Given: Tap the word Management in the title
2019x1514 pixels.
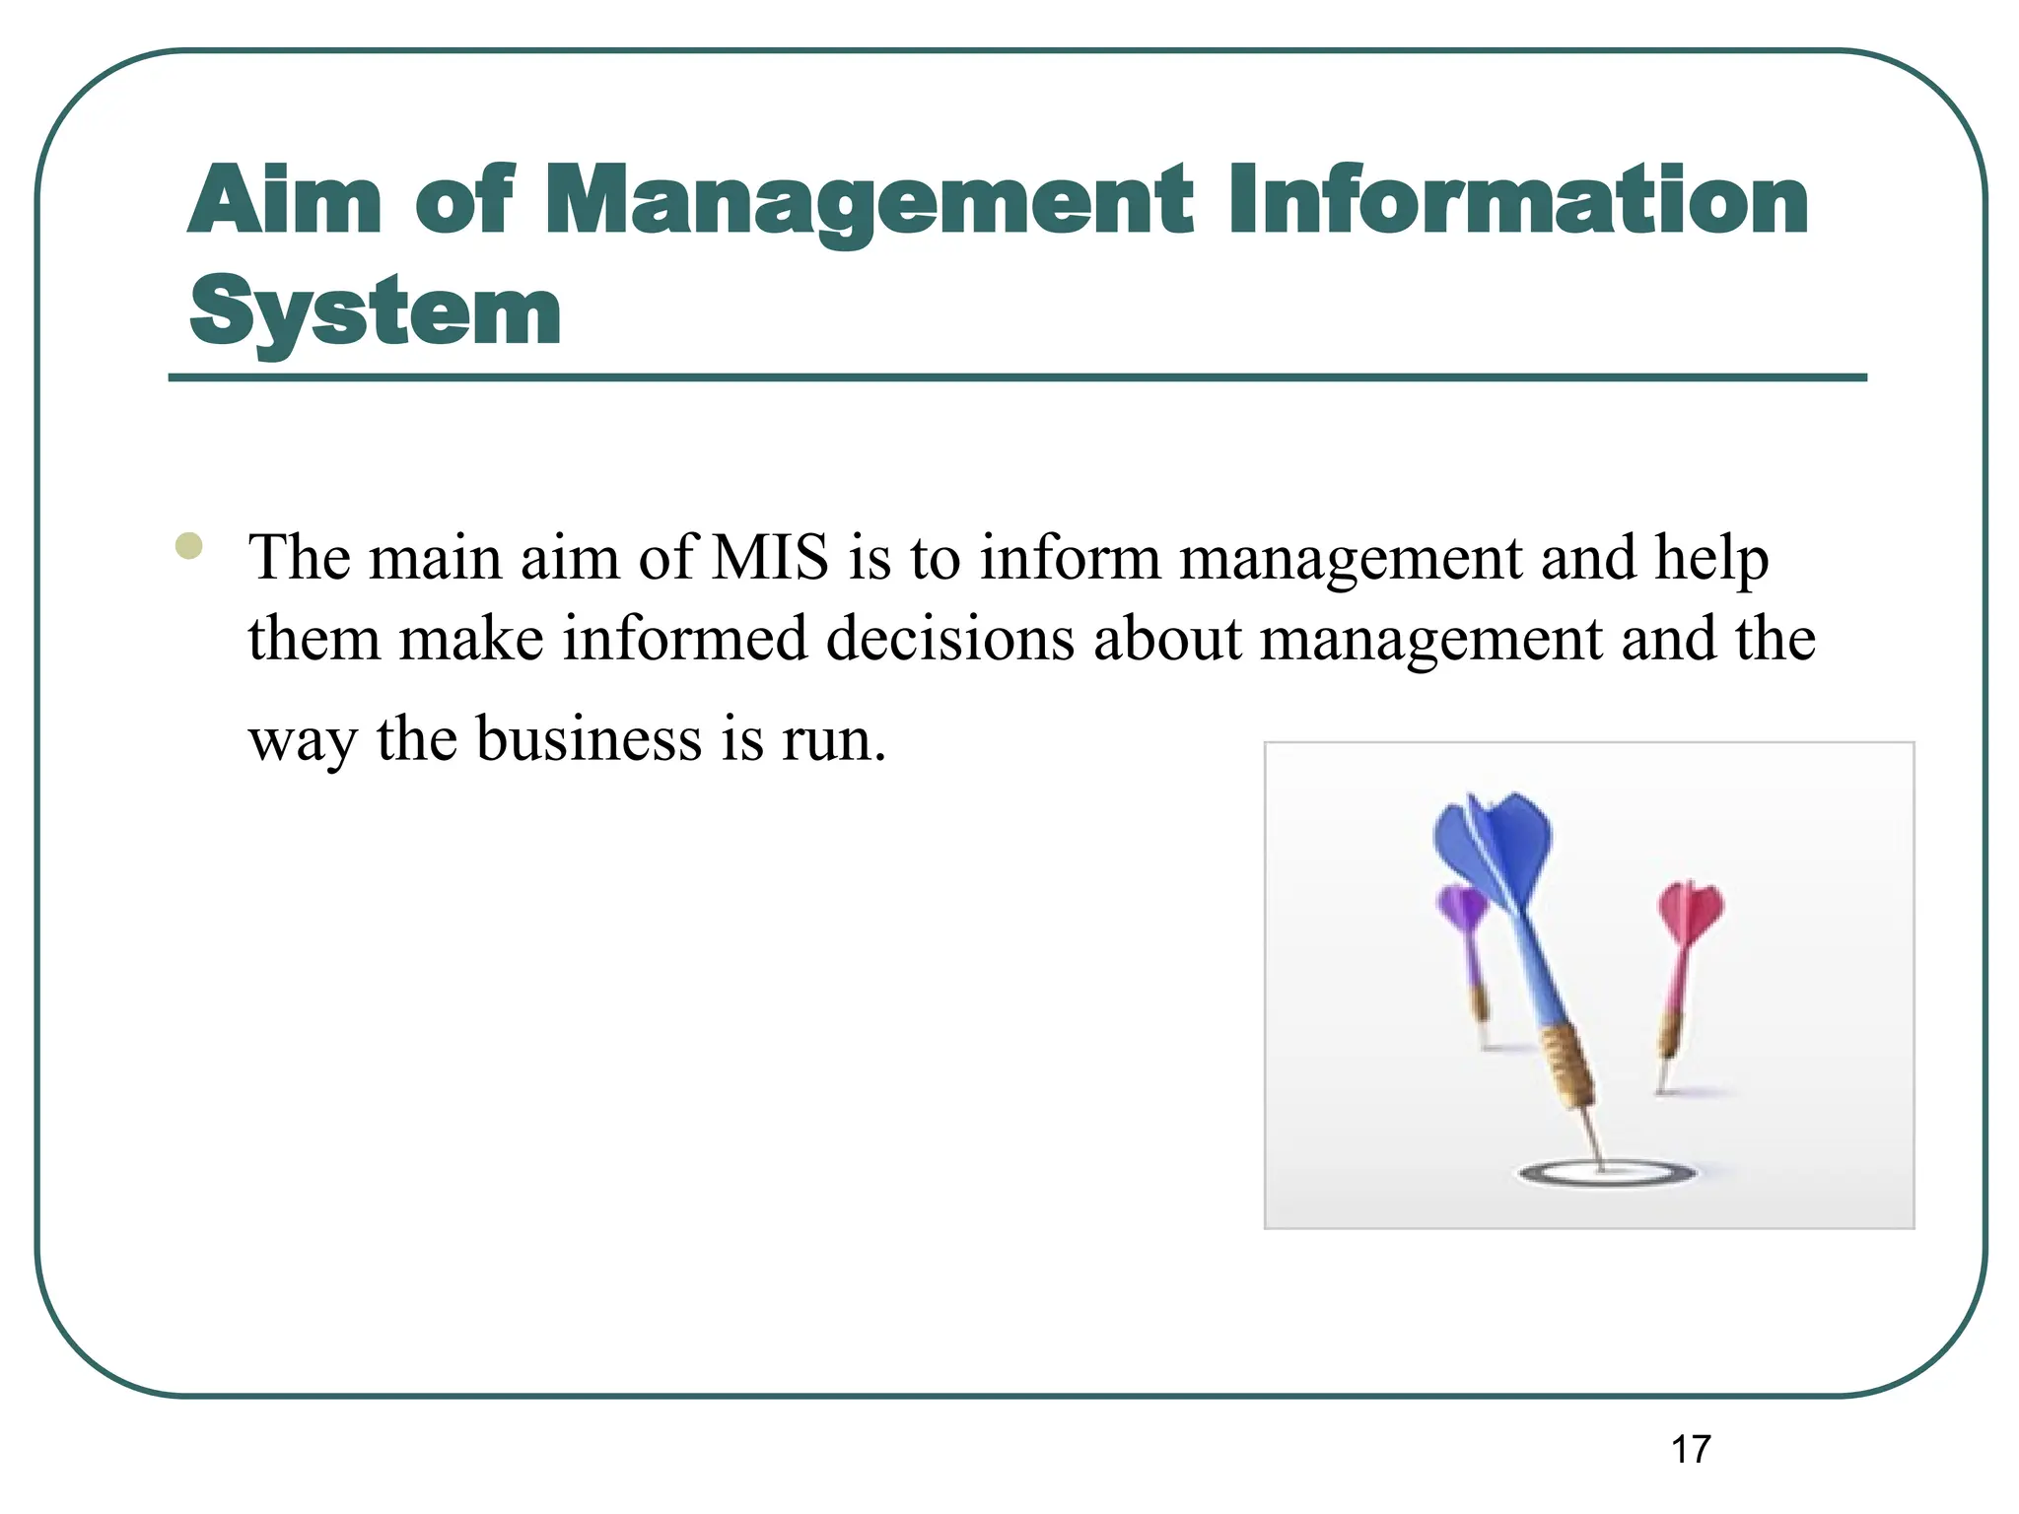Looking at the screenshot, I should [x=869, y=202].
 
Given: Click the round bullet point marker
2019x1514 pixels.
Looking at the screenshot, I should [x=188, y=546].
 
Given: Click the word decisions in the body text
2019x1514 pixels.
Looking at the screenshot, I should [x=949, y=639].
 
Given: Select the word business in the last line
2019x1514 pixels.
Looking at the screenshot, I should [x=590, y=739].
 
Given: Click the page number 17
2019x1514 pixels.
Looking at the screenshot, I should [x=1691, y=1450].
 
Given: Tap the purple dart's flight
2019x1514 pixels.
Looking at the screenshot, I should [x=1461, y=909].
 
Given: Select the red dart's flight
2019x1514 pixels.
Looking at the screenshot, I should [x=1690, y=911].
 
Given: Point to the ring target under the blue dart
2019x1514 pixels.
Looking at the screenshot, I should [x=1607, y=1173].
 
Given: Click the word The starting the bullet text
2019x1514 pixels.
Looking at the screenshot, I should [x=300, y=558].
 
